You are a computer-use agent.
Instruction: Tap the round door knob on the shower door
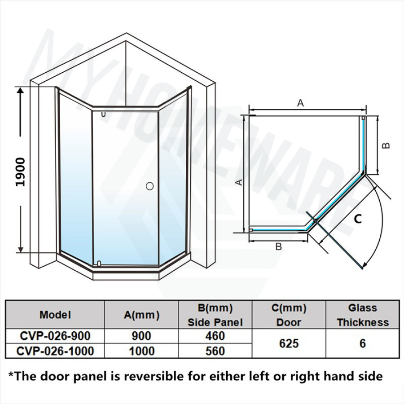click(x=149, y=185)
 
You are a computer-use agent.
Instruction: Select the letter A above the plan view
click(x=301, y=103)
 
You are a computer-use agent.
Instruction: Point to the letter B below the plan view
click(x=278, y=246)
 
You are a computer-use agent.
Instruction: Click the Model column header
click(x=55, y=315)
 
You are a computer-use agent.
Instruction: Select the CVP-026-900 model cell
click(x=55, y=336)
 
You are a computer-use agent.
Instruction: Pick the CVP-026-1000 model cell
click(x=55, y=351)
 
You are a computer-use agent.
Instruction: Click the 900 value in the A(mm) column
click(x=142, y=336)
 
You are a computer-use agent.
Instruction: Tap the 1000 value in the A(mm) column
click(x=142, y=351)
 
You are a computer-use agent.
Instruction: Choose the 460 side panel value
click(x=215, y=336)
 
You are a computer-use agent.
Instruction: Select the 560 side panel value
click(x=215, y=351)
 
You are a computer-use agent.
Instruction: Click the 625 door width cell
click(x=289, y=343)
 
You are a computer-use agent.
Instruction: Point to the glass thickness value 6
click(x=362, y=343)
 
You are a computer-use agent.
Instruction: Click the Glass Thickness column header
click(x=362, y=315)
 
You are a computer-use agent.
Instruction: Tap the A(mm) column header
click(x=142, y=315)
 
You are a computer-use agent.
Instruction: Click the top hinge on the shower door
click(x=104, y=114)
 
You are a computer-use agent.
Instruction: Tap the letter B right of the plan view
click(x=387, y=145)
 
